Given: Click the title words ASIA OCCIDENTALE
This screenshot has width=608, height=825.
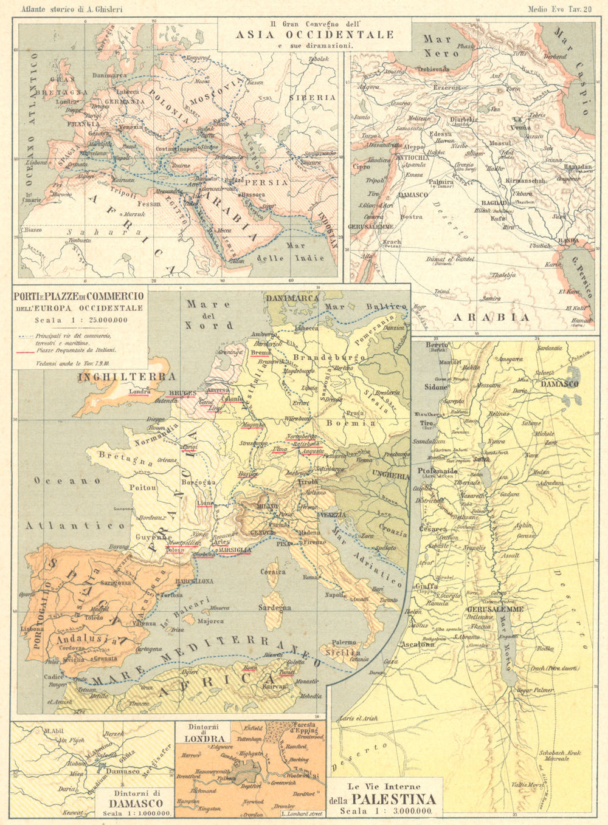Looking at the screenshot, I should click(314, 35).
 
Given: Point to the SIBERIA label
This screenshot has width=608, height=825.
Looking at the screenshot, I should click(312, 97).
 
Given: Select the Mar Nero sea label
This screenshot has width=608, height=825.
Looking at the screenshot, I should click(438, 46).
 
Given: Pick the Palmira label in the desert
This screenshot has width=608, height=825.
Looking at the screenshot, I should click(441, 182).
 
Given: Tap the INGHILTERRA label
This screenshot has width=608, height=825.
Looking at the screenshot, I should click(126, 377).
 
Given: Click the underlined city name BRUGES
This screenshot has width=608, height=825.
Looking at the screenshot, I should click(182, 393).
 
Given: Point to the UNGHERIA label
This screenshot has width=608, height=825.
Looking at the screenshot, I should click(391, 475).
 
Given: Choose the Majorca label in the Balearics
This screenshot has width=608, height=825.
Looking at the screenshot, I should click(210, 621).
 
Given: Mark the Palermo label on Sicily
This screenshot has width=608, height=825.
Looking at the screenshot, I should click(344, 642).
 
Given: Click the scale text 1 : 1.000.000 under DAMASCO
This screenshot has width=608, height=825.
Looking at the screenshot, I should click(136, 813).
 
